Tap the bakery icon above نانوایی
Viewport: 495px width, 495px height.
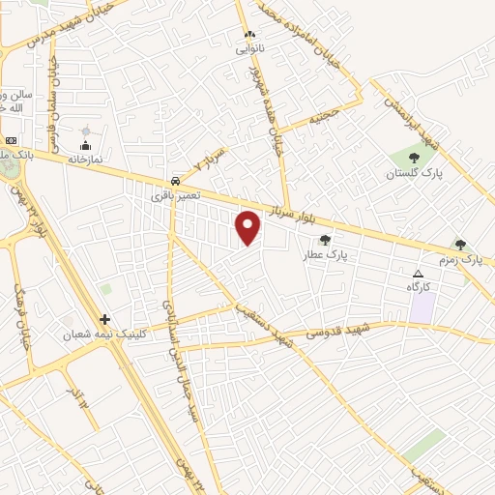pyautogui.click(x=248, y=35)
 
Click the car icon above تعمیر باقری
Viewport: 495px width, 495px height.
pyautogui.click(x=174, y=181)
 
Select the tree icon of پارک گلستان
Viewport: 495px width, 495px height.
pyautogui.click(x=415, y=157)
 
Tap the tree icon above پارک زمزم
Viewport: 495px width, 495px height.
pyautogui.click(x=460, y=245)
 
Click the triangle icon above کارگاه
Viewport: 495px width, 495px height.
pyautogui.click(x=418, y=274)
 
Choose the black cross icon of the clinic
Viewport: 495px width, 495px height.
pyautogui.click(x=105, y=318)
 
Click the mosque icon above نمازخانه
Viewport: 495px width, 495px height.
pyautogui.click(x=86, y=131)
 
